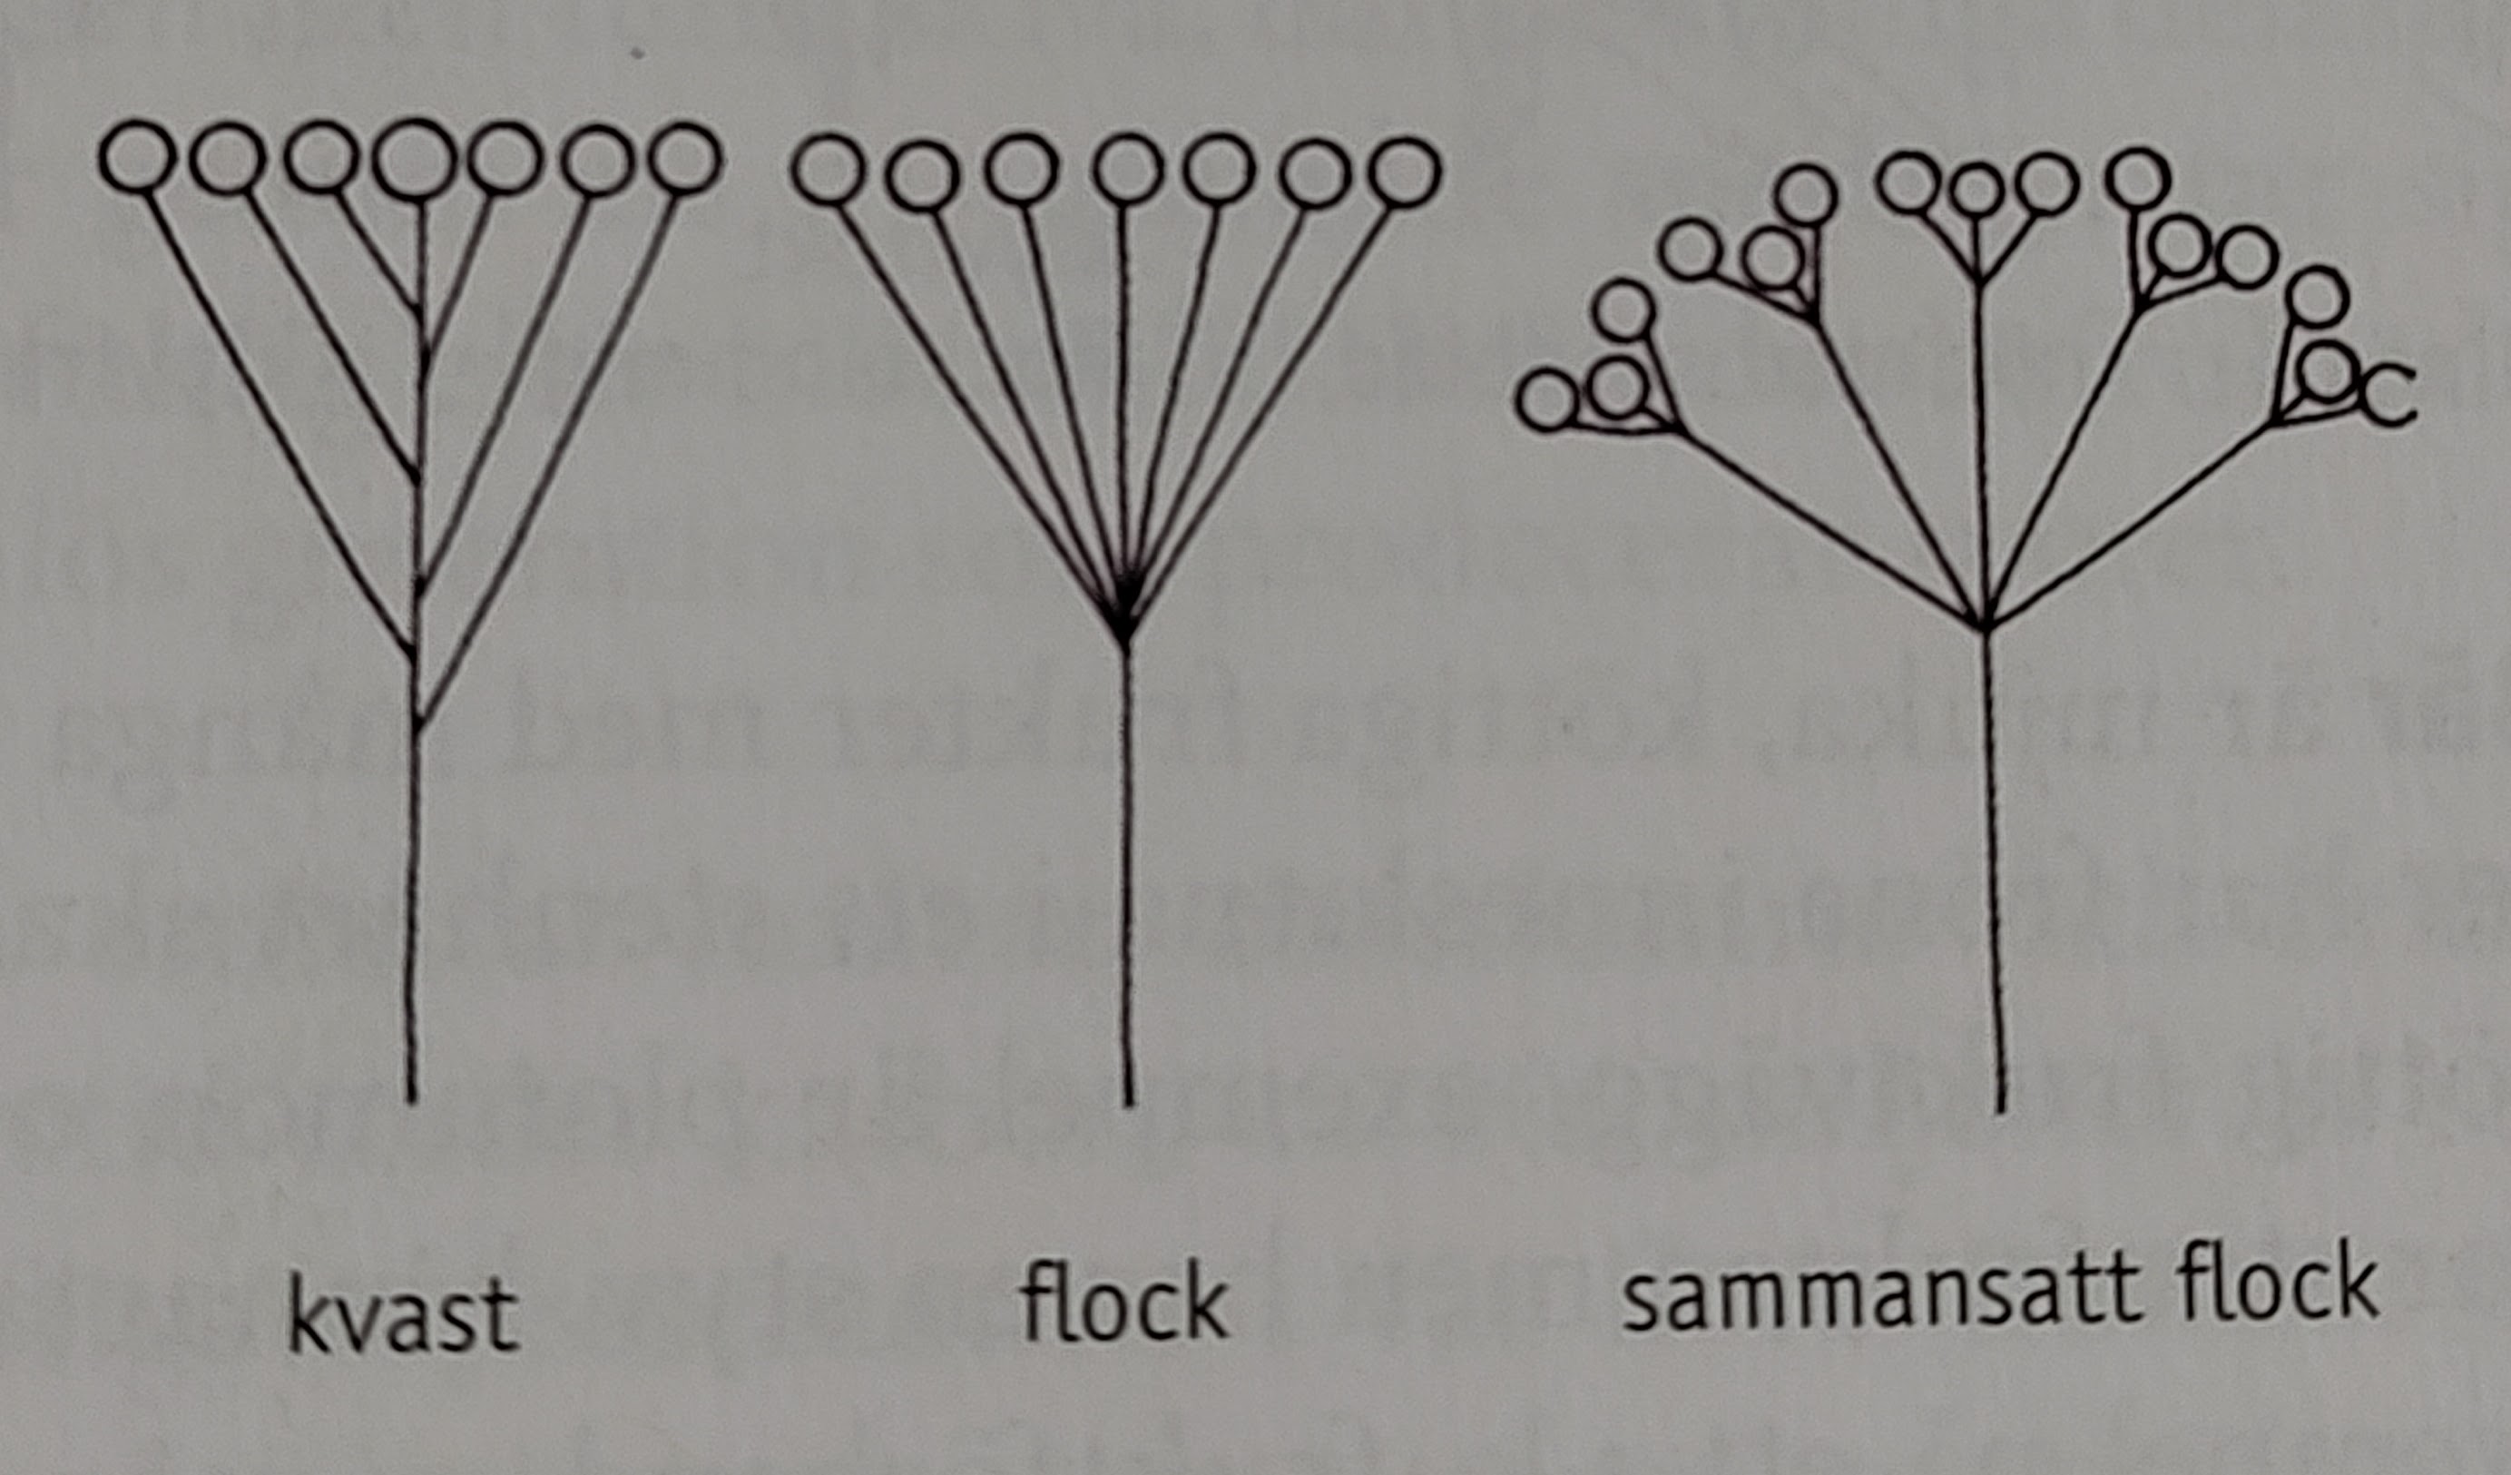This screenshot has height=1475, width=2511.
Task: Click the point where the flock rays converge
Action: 1125,626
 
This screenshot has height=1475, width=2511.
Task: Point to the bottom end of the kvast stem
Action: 411,1101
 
